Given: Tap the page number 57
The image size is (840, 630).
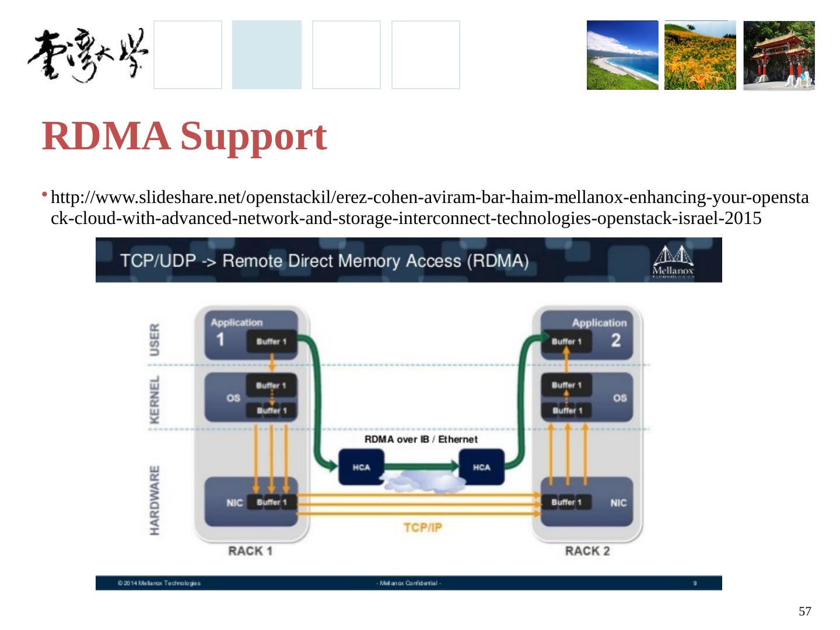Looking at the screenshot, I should (804, 611).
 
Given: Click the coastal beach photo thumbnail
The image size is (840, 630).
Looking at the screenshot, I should (622, 55).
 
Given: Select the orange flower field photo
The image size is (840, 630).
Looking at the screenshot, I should (700, 55).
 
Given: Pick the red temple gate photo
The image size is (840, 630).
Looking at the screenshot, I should (779, 55).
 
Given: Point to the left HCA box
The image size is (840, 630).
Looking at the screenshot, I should (361, 467).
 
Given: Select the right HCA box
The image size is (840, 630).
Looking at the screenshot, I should (482, 467).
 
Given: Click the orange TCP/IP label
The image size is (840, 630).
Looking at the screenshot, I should (423, 528).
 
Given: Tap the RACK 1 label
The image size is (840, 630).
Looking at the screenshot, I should (250, 551).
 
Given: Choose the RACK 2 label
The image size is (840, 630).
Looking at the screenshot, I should (587, 551).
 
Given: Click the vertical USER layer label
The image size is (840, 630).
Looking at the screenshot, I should (155, 339).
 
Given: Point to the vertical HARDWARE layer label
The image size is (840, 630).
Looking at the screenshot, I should (155, 500).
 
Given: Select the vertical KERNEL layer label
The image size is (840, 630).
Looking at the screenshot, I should (155, 399).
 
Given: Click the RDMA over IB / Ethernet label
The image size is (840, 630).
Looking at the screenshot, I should (421, 439).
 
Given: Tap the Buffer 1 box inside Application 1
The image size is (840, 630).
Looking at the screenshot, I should (271, 341).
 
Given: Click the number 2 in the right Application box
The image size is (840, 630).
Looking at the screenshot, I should (615, 340).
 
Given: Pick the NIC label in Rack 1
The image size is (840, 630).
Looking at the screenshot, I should (234, 503).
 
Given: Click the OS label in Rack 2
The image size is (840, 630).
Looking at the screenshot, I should (619, 398).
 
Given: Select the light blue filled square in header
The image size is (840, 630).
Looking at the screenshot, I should (267, 55).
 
